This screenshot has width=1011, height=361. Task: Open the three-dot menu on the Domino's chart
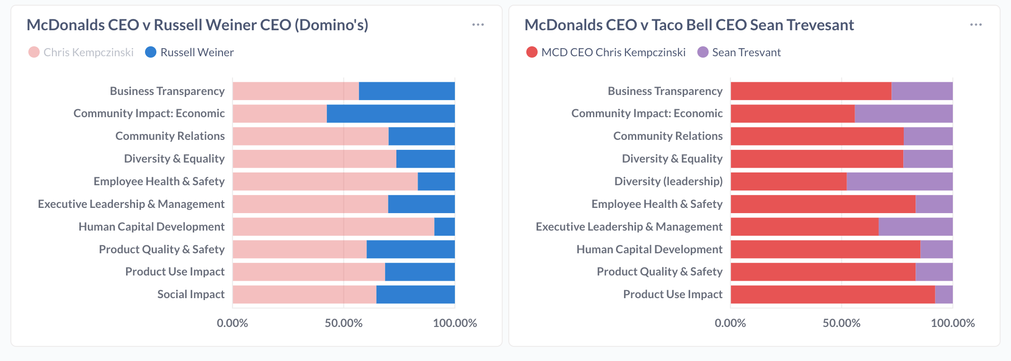click(x=478, y=25)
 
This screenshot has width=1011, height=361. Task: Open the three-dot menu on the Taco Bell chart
click(x=976, y=25)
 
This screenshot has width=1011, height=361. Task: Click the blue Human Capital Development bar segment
click(x=445, y=227)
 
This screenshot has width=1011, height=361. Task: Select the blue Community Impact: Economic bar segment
click(x=391, y=113)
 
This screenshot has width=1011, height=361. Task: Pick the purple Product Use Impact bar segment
click(x=943, y=294)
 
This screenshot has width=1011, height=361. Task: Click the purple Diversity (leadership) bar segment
click(x=900, y=181)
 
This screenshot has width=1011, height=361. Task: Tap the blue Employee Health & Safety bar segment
click(x=436, y=181)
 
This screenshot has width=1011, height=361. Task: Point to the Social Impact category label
click(x=191, y=294)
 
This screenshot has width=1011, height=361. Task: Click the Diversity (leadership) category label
click(x=668, y=181)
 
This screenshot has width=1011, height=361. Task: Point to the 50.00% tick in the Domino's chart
click(x=343, y=323)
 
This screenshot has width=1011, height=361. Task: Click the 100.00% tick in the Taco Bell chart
click(x=952, y=323)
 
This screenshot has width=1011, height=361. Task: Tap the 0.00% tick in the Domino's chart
click(x=232, y=323)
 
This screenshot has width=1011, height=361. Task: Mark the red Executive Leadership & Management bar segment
click(x=804, y=227)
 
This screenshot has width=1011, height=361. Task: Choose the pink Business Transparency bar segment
click(x=296, y=91)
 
